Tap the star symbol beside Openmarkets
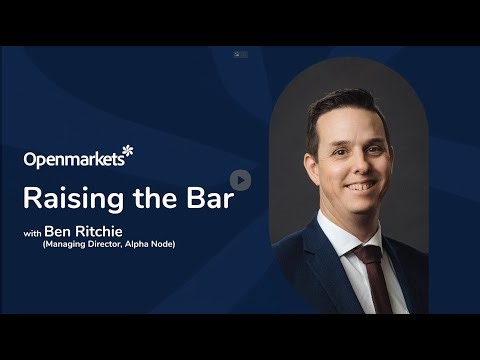coord(127,152)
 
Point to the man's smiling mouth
coord(356,187)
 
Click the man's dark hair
coord(340,104)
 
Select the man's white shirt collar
coord(344,231)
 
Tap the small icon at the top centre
coord(239,54)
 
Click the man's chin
coord(358,207)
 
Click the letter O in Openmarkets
coord(31,159)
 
